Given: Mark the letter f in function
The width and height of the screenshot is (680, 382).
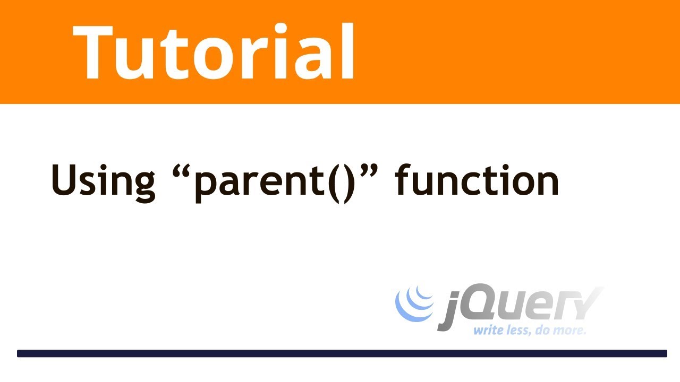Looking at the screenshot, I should pos(404,179).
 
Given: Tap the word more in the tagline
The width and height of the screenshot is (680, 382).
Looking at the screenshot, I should pos(572,331).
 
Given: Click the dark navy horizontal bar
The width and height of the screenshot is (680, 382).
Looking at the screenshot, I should pos(342,353).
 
